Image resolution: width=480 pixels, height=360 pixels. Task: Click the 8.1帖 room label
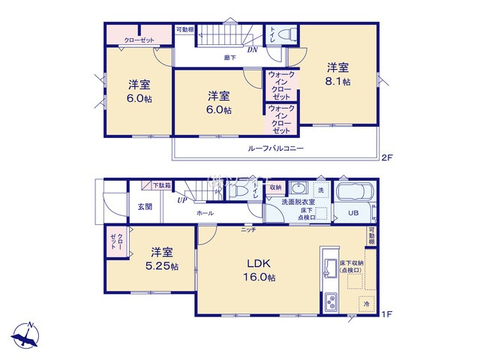[x=337, y=74]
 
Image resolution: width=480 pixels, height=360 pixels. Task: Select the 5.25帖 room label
[x=163, y=259]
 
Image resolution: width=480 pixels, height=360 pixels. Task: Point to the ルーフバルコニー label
[x=276, y=148]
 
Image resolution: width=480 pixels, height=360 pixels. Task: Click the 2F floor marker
[x=386, y=157]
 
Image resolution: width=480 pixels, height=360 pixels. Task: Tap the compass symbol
[x=27, y=334]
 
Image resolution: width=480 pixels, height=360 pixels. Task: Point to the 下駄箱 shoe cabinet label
[x=162, y=185]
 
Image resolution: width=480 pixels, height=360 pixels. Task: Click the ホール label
[x=204, y=214]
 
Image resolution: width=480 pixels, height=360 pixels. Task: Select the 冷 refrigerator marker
[x=367, y=304]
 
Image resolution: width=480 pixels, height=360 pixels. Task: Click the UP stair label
[x=181, y=200]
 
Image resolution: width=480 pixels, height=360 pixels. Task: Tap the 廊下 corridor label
[x=230, y=57]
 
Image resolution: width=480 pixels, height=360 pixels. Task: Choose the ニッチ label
[x=248, y=229]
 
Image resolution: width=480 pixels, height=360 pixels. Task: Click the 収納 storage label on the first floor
[x=275, y=187]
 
